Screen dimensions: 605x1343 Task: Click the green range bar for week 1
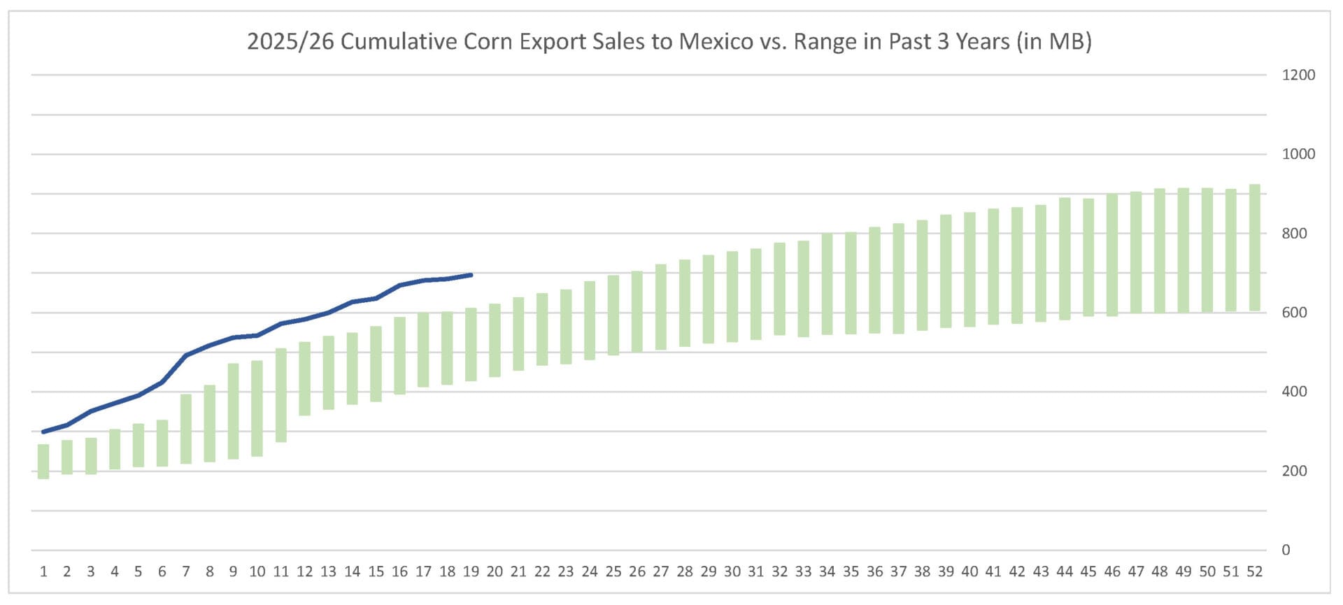click(43, 462)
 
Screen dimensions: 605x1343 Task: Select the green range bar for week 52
click(1254, 248)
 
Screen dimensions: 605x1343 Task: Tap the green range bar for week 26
click(637, 311)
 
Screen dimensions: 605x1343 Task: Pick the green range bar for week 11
click(281, 395)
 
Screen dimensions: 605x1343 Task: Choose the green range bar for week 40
click(969, 269)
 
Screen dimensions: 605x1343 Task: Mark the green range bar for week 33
click(803, 289)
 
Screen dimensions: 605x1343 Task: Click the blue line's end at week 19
click(471, 275)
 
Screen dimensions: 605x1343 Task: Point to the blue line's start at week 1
click(43, 432)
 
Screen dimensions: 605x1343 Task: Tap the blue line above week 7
click(186, 355)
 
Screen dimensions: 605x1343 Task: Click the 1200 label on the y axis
click(1298, 75)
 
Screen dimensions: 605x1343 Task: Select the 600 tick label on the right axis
click(1294, 313)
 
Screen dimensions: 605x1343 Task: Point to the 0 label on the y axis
click(1286, 550)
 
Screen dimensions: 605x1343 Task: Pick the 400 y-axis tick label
click(1294, 392)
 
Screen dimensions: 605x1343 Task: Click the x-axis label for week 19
click(471, 572)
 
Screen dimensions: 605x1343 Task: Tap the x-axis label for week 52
click(1254, 572)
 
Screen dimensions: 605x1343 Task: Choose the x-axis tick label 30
click(732, 572)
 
